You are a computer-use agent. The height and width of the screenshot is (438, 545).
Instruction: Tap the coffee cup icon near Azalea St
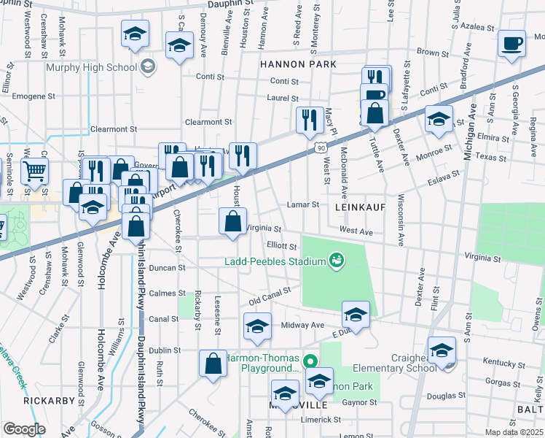pyautogui.click(x=511, y=43)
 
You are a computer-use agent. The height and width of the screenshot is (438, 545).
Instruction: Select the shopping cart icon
pyautogui.click(x=35, y=173)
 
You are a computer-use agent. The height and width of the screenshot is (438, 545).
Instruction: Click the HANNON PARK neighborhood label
pyautogui.click(x=298, y=64)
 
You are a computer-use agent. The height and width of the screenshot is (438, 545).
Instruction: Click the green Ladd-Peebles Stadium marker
pyautogui.click(x=336, y=260)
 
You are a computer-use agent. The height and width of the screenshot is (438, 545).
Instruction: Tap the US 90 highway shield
pyautogui.click(x=321, y=147)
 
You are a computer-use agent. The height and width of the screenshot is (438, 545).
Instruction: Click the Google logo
pyautogui.click(x=24, y=429)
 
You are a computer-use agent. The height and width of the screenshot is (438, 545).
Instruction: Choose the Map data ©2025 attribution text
pyautogui.click(x=513, y=432)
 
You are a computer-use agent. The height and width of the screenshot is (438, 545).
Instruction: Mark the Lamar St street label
pyautogui.click(x=304, y=204)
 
